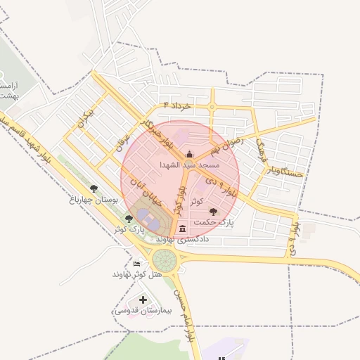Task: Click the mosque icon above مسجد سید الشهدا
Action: pyautogui.click(x=188, y=155)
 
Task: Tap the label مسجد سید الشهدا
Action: pyautogui.click(x=189, y=165)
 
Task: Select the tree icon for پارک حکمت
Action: pyautogui.click(x=213, y=211)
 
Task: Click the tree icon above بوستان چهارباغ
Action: pyautogui.click(x=94, y=188)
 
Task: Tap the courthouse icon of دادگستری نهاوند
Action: pyautogui.click(x=183, y=228)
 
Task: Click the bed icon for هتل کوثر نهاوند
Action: pyautogui.click(x=136, y=263)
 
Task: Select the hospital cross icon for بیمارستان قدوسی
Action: pyautogui.click(x=143, y=300)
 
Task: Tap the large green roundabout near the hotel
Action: pyautogui.click(x=167, y=259)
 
